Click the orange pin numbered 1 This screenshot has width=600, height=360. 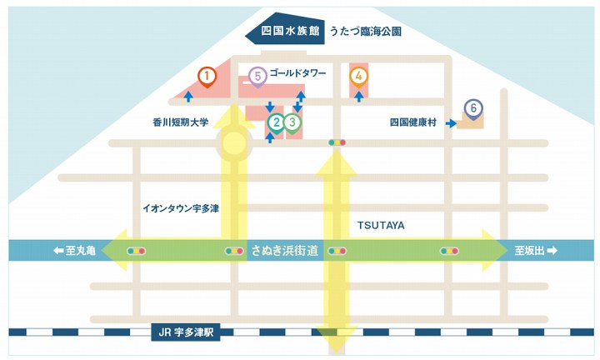click(x=206, y=77)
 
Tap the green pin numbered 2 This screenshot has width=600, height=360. click(x=275, y=123)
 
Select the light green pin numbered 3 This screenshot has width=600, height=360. click(x=292, y=123)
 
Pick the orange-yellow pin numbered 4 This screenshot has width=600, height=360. click(x=358, y=77)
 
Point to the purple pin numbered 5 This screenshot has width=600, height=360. click(x=257, y=77)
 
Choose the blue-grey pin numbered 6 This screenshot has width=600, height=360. click(x=473, y=109)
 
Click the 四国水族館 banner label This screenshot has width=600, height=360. click(x=290, y=32)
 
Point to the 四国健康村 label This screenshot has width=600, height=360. click(x=414, y=122)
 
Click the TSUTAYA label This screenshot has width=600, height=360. click(x=380, y=225)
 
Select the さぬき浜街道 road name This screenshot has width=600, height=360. click(x=285, y=250)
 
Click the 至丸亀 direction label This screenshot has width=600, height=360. click(x=75, y=250)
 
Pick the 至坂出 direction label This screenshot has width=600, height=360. click(x=535, y=250)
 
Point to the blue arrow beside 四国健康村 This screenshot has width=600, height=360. click(x=450, y=123)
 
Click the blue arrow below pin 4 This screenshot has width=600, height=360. click(x=358, y=96)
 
